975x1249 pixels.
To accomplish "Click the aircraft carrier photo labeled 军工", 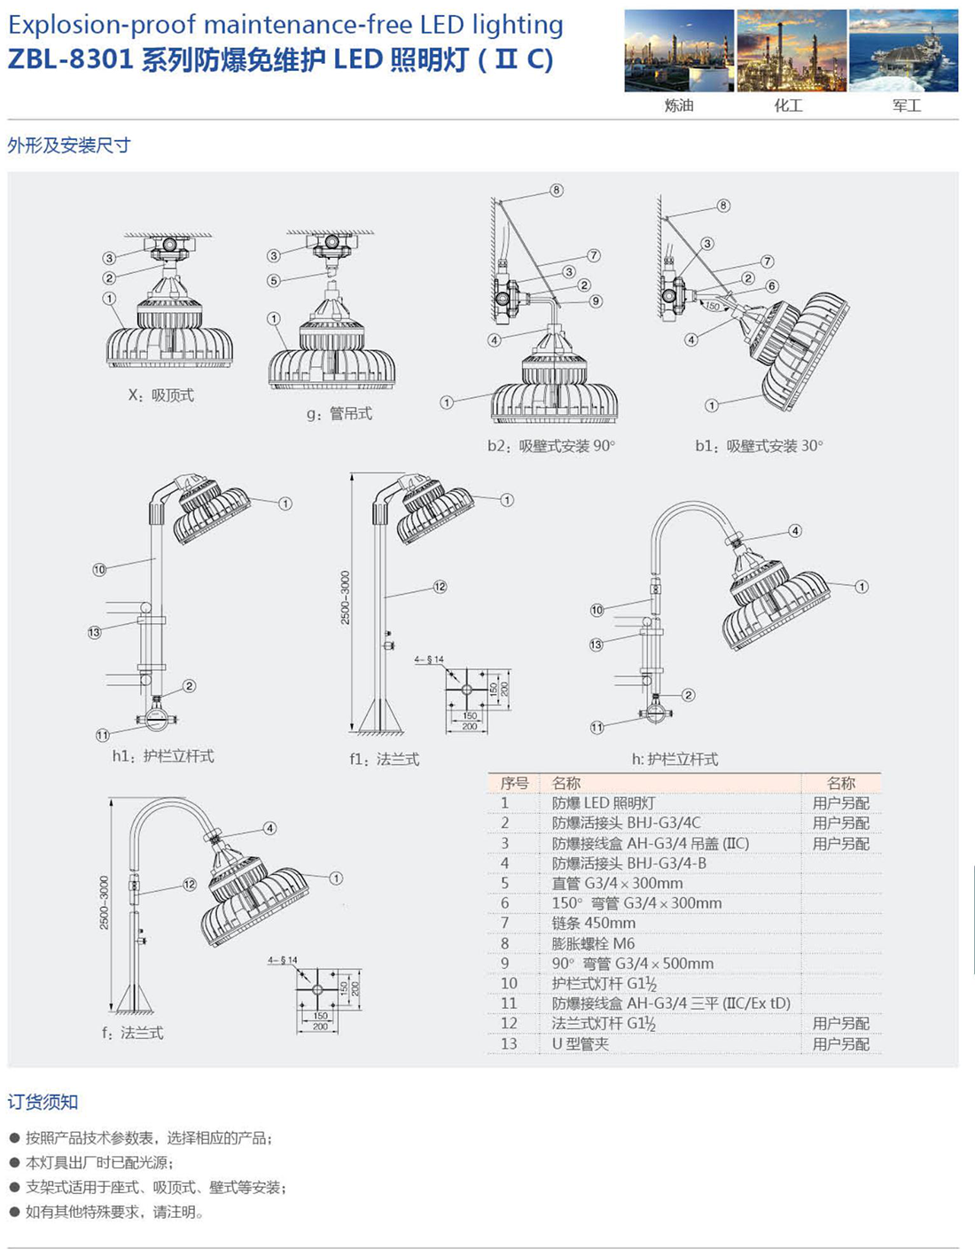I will click(x=903, y=51).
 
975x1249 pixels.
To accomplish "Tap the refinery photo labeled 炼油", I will click(x=679, y=51).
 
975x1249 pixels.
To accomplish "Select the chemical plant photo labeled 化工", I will click(x=792, y=51).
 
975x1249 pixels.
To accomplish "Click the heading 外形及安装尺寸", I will click(x=69, y=145).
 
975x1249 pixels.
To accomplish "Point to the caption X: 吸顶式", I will click(x=161, y=395).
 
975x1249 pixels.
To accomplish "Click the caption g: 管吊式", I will click(x=339, y=413).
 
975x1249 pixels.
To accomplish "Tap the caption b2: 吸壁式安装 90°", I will click(x=550, y=446).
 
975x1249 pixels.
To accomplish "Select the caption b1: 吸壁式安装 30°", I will click(x=759, y=446).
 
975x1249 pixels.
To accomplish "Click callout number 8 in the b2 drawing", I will click(x=557, y=190).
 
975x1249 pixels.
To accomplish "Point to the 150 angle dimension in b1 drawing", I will click(x=713, y=306).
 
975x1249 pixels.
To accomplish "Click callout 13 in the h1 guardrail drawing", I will click(x=95, y=632).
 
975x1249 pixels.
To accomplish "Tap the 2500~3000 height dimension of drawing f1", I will click(x=346, y=597).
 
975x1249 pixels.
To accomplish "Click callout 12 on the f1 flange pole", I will click(x=440, y=587).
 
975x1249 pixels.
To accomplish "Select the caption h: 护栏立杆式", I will click(x=675, y=759).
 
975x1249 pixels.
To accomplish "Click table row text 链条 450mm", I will click(x=593, y=923).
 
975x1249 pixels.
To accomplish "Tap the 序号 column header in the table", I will click(x=514, y=783).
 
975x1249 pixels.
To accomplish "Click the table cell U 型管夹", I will click(x=581, y=1043).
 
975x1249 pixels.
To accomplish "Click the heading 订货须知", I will click(x=43, y=1102).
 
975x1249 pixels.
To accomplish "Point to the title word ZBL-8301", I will click(x=71, y=59).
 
